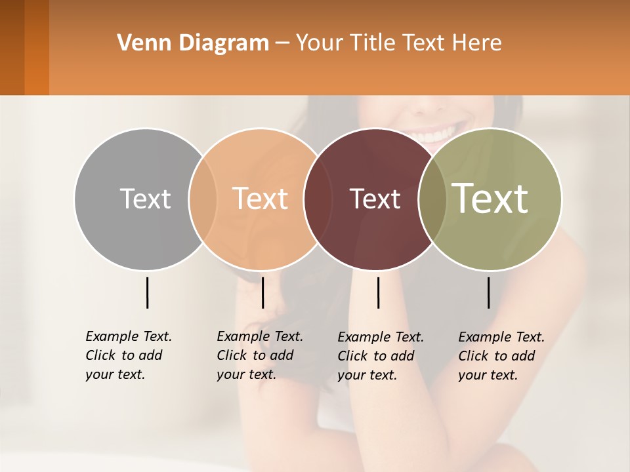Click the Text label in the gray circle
click(145, 199)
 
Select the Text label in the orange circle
click(261, 199)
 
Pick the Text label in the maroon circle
click(375, 199)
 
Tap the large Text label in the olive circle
click(490, 198)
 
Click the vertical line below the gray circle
click(147, 292)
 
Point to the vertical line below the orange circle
click(262, 292)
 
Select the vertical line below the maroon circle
click(378, 292)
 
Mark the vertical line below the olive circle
click(488, 292)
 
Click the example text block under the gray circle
click(128, 355)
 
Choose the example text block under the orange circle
click(259, 355)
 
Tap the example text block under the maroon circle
click(380, 356)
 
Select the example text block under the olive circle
click(501, 356)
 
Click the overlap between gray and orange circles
click(203, 199)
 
